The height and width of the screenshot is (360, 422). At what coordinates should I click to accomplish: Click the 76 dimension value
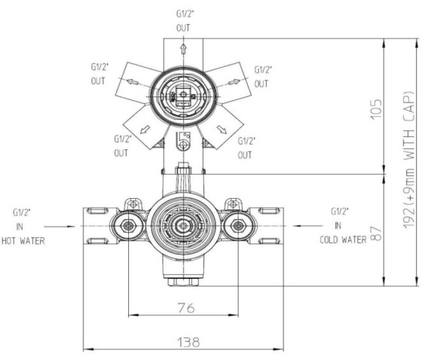[x=186, y=307]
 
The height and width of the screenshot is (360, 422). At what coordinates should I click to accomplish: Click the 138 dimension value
[x=188, y=342]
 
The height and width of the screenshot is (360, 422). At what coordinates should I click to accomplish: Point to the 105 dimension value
[x=376, y=109]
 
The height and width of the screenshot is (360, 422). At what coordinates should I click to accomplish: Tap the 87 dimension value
[x=376, y=233]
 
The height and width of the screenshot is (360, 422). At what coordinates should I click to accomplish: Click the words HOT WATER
[x=23, y=241]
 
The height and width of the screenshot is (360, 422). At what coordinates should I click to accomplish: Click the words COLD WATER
[x=343, y=239]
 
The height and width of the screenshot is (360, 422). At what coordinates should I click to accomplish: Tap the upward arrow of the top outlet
[x=183, y=49]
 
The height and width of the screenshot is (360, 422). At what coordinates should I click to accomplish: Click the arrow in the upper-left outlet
[x=133, y=81]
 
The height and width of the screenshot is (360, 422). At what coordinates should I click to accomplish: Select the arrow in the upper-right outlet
[x=234, y=82]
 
